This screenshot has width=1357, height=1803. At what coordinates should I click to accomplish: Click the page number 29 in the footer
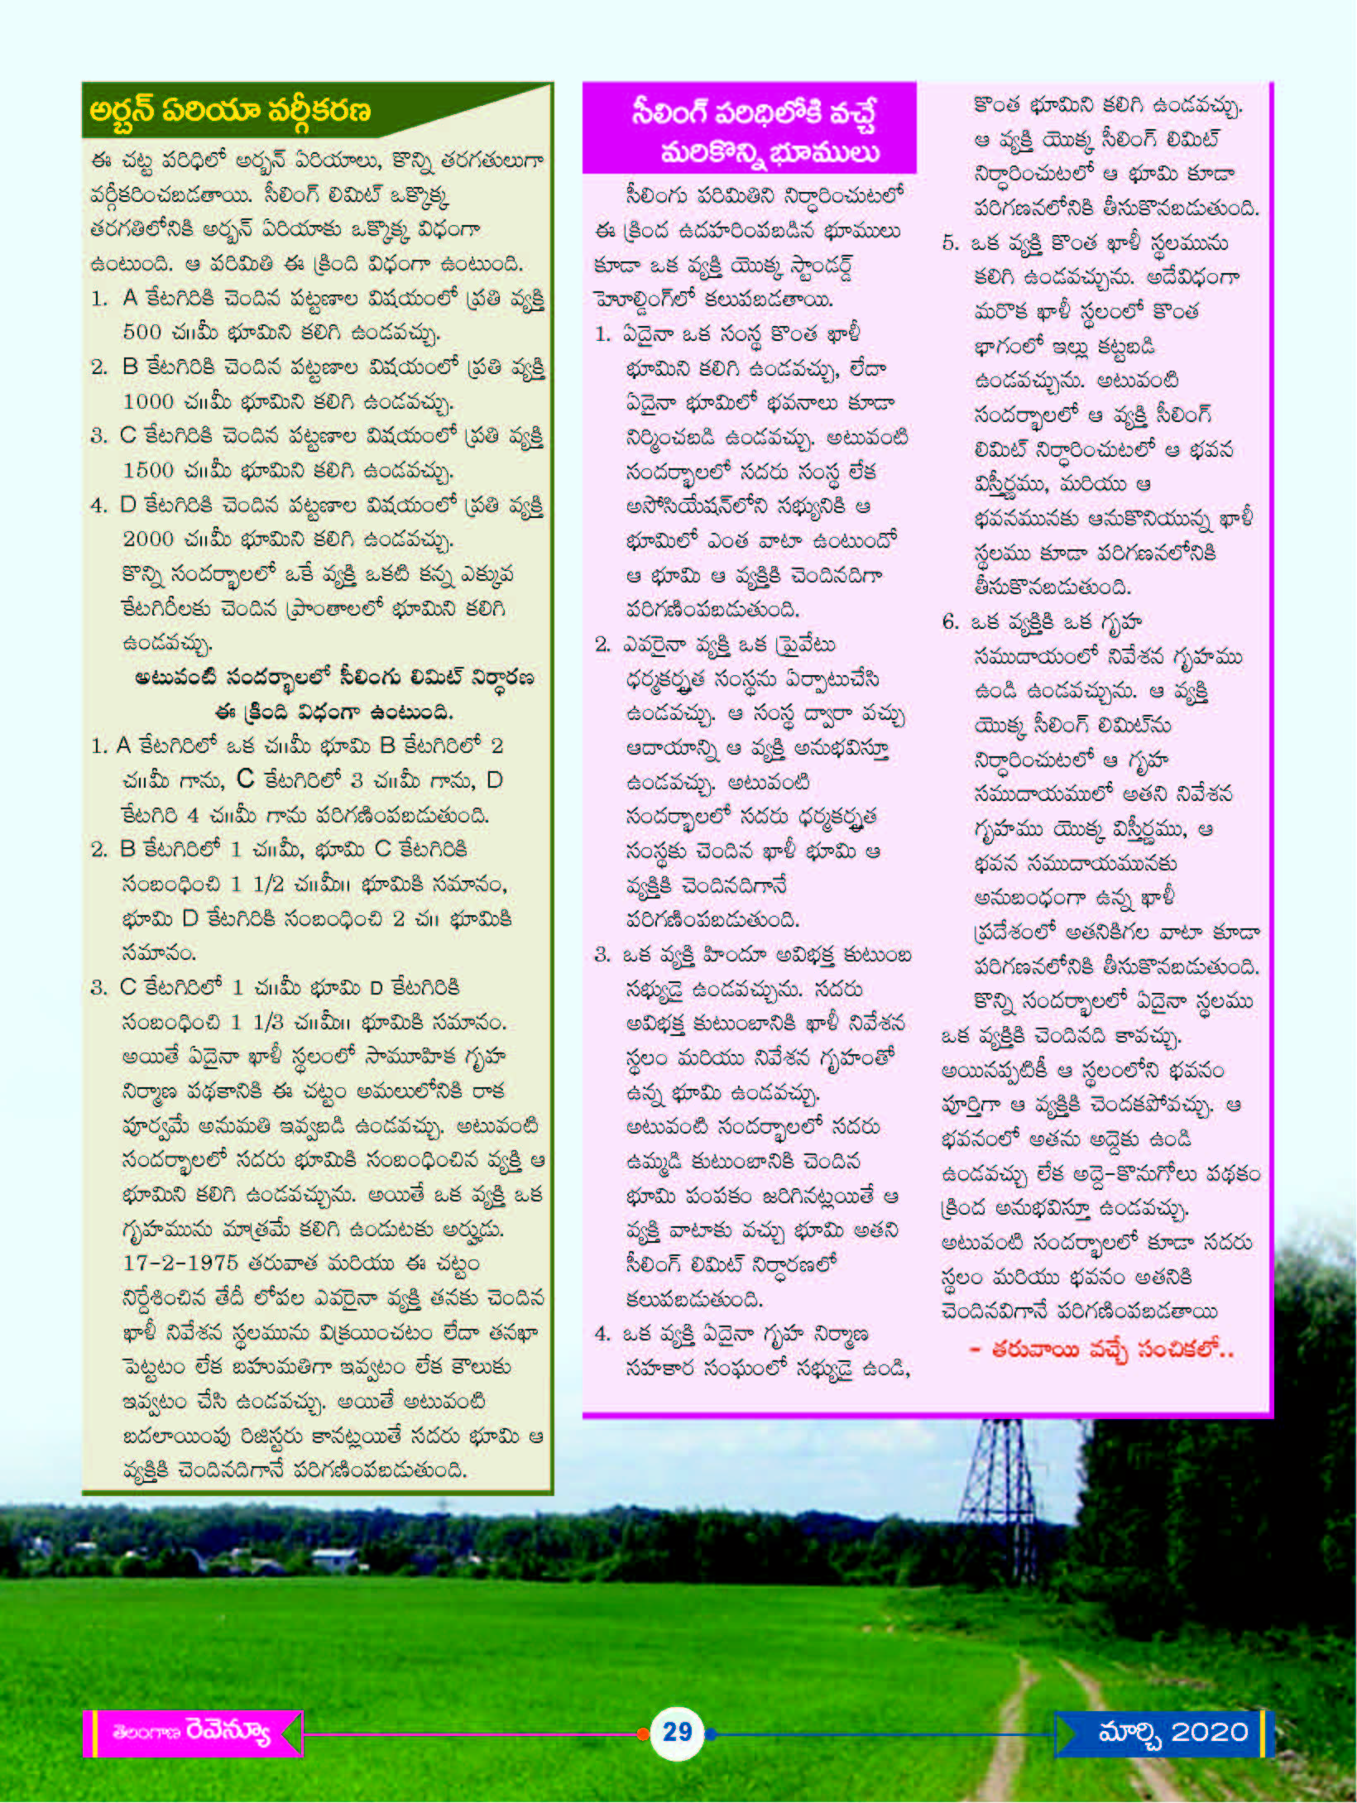(x=677, y=1732)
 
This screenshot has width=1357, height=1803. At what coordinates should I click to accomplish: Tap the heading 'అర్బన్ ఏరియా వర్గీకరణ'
(x=230, y=111)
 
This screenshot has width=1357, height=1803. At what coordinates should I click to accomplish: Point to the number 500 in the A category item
(x=141, y=333)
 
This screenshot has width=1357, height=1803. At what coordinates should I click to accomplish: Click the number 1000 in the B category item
(x=148, y=402)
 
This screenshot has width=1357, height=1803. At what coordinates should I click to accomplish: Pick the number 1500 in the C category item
(x=148, y=471)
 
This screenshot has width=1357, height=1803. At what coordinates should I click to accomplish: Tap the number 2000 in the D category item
(x=148, y=539)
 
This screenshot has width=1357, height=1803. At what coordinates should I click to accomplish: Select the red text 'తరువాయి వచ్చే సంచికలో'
(x=1101, y=1350)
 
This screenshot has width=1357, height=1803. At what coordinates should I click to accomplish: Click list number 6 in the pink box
(x=950, y=622)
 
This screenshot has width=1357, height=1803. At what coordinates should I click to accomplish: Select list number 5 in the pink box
(x=950, y=243)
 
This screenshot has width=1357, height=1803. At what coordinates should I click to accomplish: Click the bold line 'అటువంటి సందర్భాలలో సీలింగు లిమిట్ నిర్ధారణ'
(x=334, y=678)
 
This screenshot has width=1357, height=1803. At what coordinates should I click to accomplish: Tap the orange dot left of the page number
(x=643, y=1733)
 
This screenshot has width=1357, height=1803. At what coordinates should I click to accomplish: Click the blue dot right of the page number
(x=711, y=1733)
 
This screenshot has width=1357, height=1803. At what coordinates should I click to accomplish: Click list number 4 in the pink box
(x=602, y=1334)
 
